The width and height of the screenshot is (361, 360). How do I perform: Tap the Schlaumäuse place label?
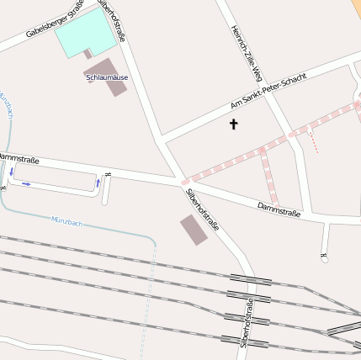tap(107, 77)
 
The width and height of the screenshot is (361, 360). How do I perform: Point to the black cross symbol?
tap(233, 124)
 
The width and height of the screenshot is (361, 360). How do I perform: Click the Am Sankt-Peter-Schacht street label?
tap(268, 92)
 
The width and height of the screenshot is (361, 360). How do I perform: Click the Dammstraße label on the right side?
tap(279, 209)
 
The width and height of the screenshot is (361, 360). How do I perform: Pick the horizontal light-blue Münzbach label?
tap(66, 220)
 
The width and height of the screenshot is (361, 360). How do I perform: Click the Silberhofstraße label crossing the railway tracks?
tap(246, 323)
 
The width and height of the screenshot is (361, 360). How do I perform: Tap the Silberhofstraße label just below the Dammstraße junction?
tap(202, 209)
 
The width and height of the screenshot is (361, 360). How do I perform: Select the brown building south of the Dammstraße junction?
tap(194, 230)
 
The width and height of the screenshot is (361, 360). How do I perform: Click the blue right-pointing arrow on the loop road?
tap(26, 183)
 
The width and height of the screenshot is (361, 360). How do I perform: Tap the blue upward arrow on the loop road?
tap(98, 182)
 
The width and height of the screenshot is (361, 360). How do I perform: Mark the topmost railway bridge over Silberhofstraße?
tap(250, 278)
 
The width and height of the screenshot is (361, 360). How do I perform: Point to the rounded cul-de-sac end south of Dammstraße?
tap(325, 258)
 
